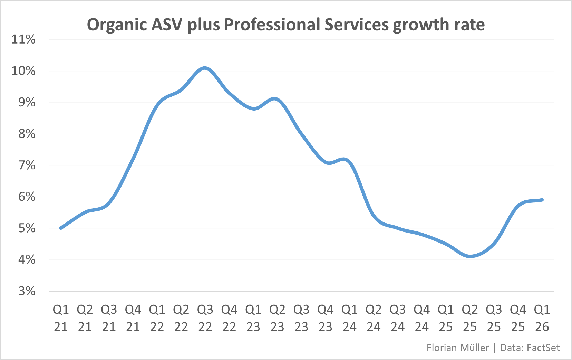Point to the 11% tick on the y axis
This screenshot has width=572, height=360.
[23, 39]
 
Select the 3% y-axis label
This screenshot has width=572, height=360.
[27, 291]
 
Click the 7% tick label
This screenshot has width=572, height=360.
[27, 165]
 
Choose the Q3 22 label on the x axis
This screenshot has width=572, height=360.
[205, 318]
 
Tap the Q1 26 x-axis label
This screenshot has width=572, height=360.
[542, 318]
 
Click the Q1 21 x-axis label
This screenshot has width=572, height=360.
[61, 318]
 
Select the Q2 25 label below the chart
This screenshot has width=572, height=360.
[470, 318]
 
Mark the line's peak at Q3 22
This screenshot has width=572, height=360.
[205, 68]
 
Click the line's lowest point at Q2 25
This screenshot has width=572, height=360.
[470, 256]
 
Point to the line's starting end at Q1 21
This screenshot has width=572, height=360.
[61, 228]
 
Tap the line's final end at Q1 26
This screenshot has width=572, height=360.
[542, 200]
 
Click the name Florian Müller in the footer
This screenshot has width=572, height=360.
[458, 348]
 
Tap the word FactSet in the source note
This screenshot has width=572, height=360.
[543, 348]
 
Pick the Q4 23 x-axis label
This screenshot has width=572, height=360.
[326, 318]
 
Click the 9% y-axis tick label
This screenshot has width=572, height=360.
[27, 102]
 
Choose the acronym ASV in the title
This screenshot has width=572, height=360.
[167, 25]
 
